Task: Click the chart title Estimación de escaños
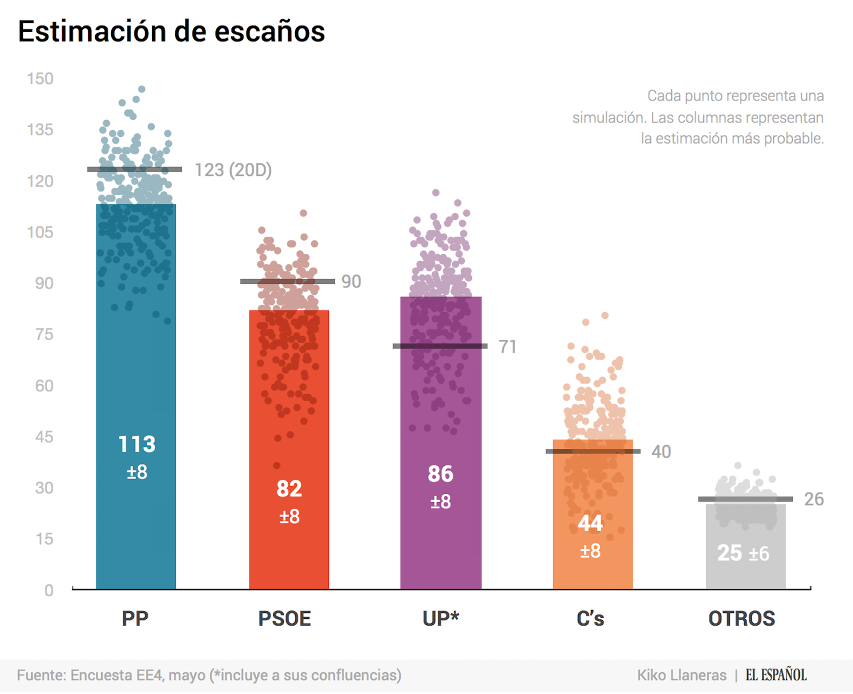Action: point(171,32)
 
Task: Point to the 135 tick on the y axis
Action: point(40,130)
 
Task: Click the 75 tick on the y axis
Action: point(44,334)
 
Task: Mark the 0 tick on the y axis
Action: point(48,590)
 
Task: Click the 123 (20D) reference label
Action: point(233,170)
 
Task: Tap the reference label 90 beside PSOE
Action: point(351,282)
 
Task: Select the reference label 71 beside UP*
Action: point(507,347)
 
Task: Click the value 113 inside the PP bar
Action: point(136,444)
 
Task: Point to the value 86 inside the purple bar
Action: point(440,474)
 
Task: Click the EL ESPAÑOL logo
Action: point(776,675)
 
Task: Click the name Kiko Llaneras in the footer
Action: point(681,675)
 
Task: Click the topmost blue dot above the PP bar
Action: point(142,89)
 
